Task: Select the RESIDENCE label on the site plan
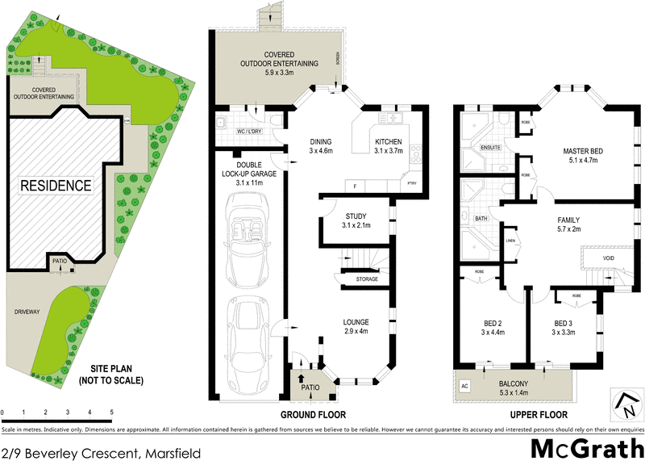(56, 186)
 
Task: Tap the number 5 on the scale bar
(111, 413)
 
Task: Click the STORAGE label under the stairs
(368, 279)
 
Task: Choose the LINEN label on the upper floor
(510, 241)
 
